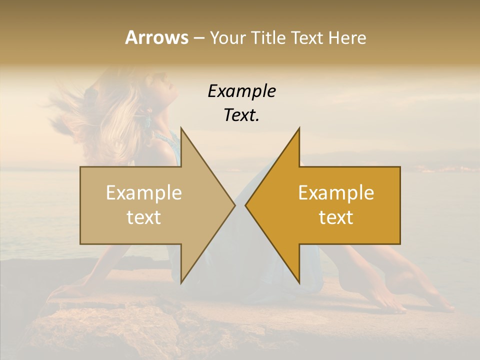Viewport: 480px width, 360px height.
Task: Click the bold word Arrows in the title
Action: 156,37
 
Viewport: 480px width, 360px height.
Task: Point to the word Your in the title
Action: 228,38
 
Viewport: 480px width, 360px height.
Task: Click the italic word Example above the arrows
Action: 242,91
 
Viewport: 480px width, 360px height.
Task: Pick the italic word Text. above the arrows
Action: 242,115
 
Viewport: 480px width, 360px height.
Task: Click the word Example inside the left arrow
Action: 144,193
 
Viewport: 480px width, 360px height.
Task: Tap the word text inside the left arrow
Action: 144,217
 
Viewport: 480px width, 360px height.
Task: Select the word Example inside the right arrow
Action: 336,193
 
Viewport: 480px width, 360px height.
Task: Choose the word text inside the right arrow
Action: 336,217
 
